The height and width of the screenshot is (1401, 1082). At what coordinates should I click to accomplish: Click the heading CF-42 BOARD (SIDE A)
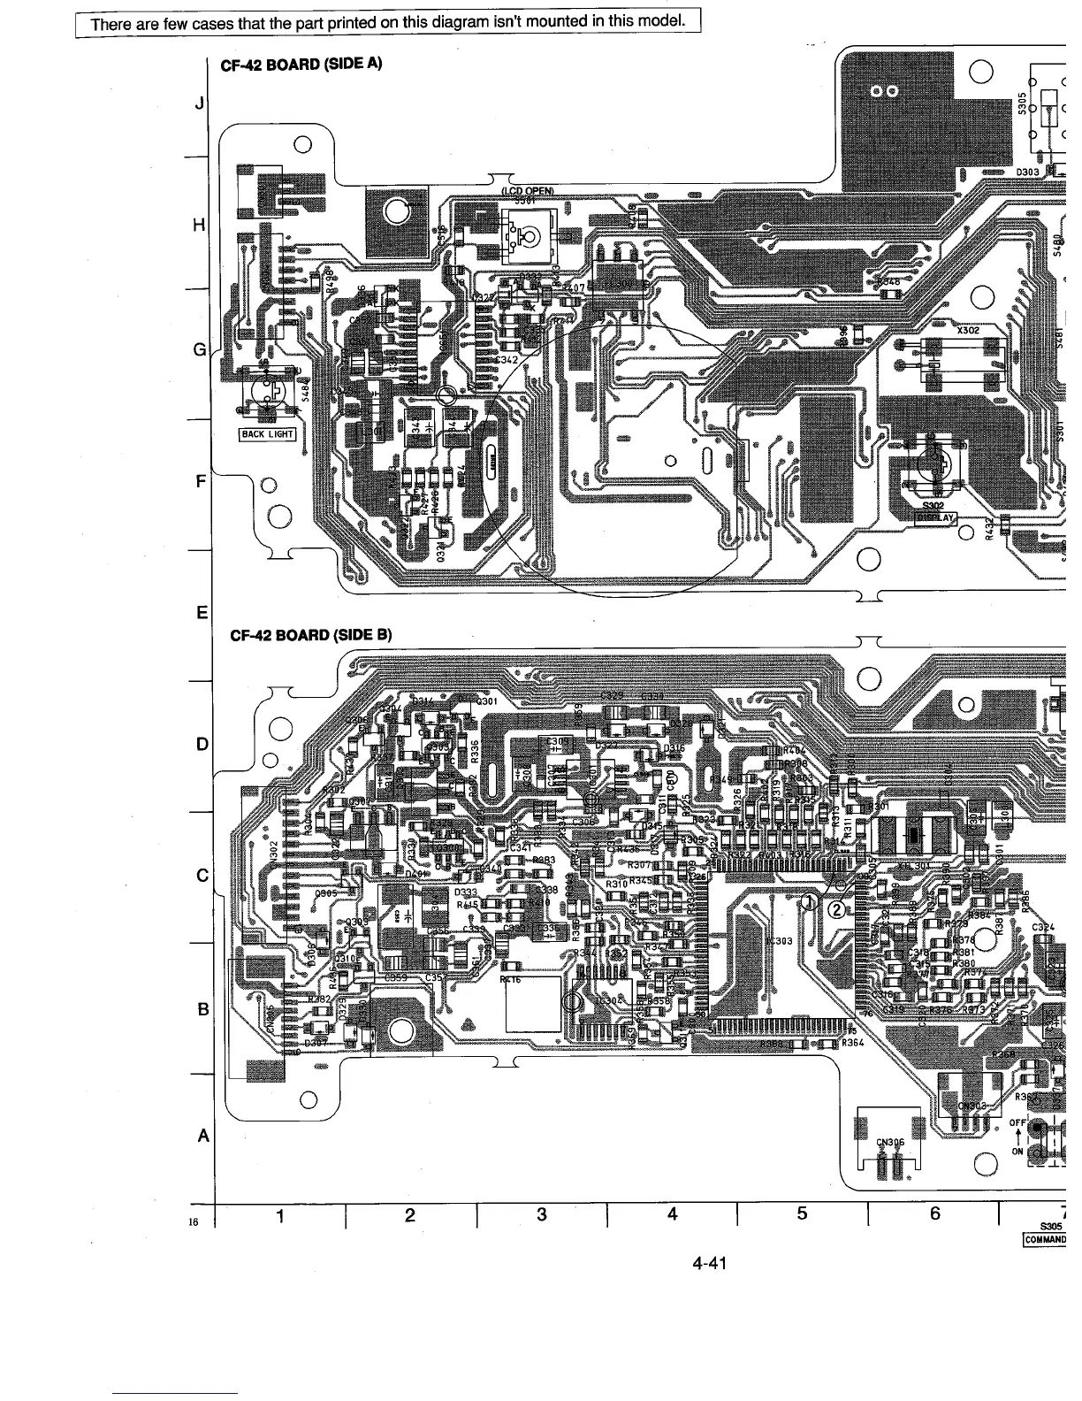tap(294, 64)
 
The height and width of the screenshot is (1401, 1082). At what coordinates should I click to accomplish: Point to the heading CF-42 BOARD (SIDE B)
tap(309, 634)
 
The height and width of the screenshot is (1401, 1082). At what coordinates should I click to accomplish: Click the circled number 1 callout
tap(808, 901)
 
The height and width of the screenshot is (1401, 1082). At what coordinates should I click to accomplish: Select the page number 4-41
tap(710, 1263)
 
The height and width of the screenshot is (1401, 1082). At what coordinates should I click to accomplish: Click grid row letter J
tap(200, 104)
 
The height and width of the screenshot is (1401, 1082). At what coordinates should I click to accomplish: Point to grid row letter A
tap(203, 1136)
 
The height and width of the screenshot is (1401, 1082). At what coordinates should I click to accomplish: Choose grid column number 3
tap(541, 1214)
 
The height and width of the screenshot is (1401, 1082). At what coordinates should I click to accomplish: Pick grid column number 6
tap(933, 1214)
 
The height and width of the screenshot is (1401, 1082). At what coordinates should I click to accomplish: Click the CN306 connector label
tap(890, 1141)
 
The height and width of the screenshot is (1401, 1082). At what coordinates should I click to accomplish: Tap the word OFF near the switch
tap(1017, 1123)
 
